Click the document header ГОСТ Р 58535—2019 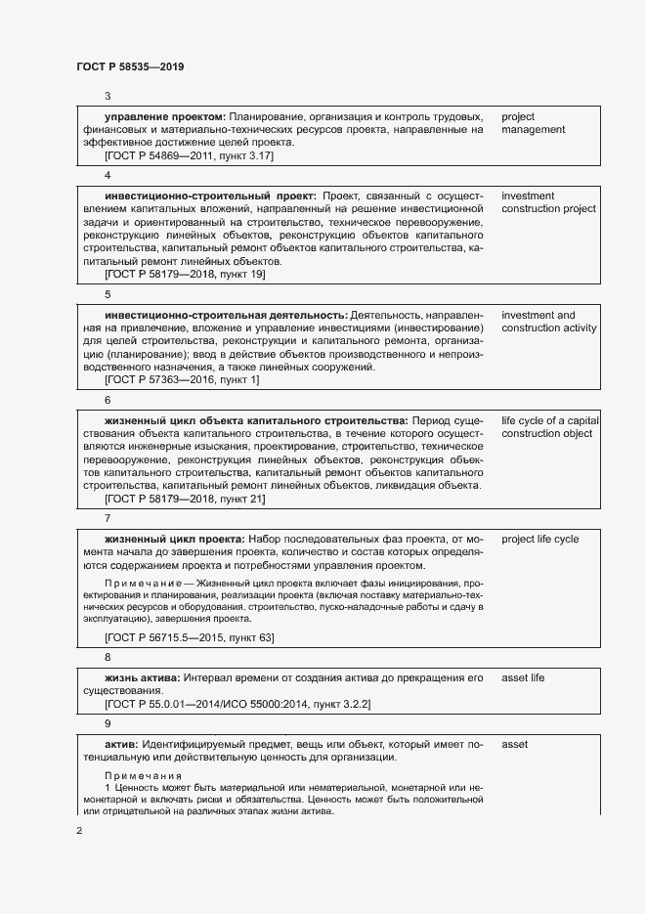coord(130,66)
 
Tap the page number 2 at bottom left coord(80,831)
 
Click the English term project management coord(533,123)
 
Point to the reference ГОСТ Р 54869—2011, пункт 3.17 coord(189,155)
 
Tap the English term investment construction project coord(547,202)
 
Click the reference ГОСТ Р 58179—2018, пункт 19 coord(185,275)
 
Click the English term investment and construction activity coord(548,322)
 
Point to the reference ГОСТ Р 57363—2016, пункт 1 coord(182,379)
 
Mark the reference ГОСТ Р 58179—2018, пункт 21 coord(185,499)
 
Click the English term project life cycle coord(539,539)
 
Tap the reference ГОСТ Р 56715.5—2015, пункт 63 coord(189,637)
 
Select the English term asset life coord(523,677)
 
